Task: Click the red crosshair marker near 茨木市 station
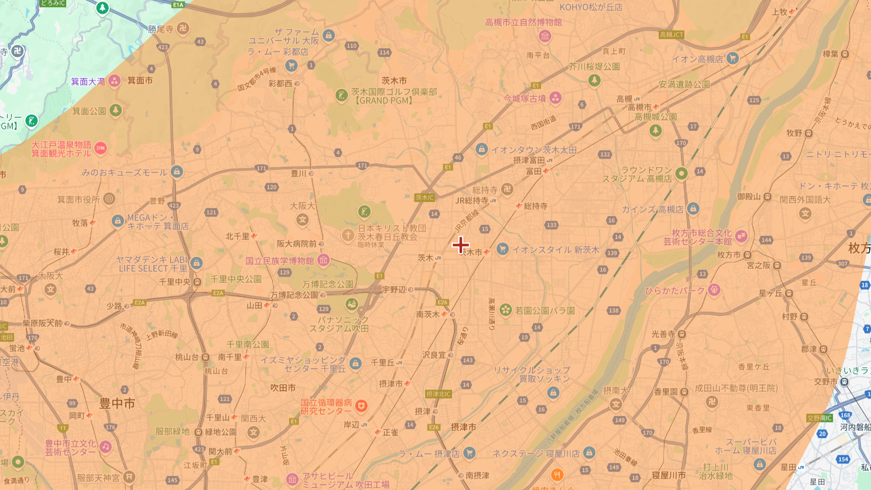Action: point(460,245)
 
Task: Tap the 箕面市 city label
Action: point(140,81)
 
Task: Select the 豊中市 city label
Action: point(117,404)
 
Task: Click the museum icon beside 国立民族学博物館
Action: point(324,260)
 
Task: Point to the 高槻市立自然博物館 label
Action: point(523,22)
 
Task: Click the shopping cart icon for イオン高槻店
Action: point(732,58)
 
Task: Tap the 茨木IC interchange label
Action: point(425,198)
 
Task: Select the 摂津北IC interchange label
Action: point(438,394)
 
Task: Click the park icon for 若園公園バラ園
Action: point(505,310)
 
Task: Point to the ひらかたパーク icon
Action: point(714,290)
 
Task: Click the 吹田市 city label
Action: point(283,387)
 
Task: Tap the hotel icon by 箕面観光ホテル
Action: point(101,149)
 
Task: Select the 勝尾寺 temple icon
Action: point(183,29)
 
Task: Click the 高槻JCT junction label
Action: point(671,35)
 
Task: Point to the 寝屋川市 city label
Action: point(669,475)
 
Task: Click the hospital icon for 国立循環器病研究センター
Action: point(361,407)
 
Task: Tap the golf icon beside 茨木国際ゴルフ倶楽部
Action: point(341,95)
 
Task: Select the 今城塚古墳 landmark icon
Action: point(555,98)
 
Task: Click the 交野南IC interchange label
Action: point(819,418)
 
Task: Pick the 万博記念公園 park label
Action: point(327,284)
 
